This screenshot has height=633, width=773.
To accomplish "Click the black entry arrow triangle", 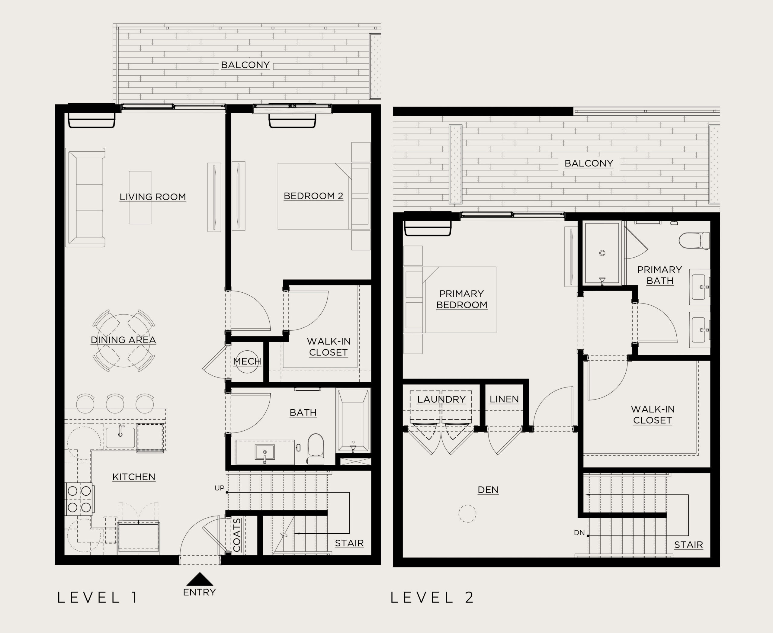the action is click(200, 580).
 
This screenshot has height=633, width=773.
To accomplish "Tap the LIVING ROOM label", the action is click(153, 197).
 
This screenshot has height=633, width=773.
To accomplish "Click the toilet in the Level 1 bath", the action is click(316, 448).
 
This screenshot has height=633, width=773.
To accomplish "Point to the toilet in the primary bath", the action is click(694, 241).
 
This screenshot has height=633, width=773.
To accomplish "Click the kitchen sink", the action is click(120, 437).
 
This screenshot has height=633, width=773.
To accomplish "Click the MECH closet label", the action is click(247, 361).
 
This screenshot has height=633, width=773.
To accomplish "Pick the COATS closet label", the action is click(237, 535).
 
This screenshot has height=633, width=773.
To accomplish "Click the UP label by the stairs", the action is click(220, 488).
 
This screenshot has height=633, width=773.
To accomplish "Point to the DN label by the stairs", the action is click(579, 533).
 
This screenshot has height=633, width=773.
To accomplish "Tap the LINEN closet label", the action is click(504, 399).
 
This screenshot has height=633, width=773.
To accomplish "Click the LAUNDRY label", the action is click(441, 399).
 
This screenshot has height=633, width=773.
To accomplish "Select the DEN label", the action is click(488, 490).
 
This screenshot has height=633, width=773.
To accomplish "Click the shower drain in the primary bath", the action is click(602, 253).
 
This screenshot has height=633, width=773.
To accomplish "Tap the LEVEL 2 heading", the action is click(432, 597).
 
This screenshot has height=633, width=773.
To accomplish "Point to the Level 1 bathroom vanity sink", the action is click(265, 452).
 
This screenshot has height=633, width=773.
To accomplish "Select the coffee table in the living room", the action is click(140, 197).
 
